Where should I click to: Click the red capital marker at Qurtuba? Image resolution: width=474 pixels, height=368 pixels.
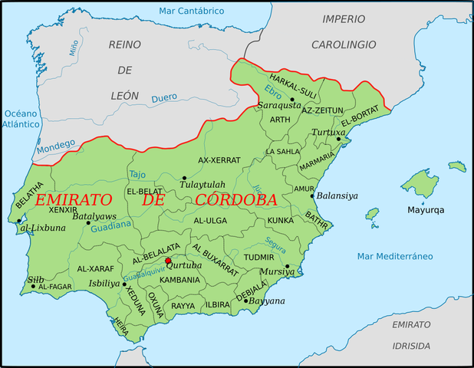168,261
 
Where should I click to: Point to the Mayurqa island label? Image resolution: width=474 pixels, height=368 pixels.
426,209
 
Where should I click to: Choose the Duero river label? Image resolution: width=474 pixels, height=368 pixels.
163,98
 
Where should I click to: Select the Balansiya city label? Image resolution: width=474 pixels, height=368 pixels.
337,195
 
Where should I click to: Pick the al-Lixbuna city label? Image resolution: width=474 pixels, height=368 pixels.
38,228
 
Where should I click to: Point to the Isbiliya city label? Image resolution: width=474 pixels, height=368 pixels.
104,282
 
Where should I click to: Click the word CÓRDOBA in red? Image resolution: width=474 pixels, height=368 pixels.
235,200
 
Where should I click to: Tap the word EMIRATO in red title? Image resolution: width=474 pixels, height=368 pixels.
78,200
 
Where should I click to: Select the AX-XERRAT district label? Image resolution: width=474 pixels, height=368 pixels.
219,160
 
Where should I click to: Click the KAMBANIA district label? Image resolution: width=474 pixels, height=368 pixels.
179,280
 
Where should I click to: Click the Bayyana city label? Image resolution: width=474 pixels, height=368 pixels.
268,301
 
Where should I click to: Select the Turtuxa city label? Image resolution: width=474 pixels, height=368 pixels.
328,133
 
